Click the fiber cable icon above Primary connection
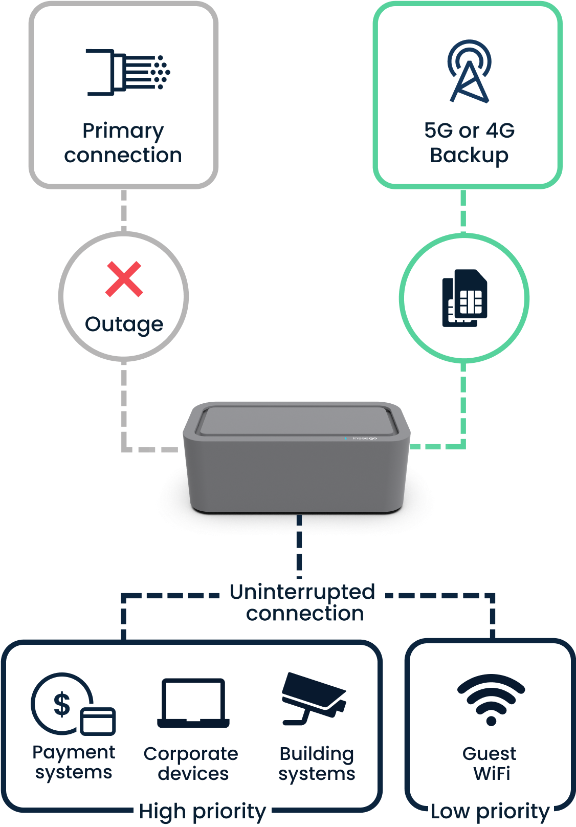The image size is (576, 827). pyautogui.click(x=128, y=72)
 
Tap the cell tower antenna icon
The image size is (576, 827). pyautogui.click(x=469, y=72)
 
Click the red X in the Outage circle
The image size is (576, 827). pyautogui.click(x=124, y=279)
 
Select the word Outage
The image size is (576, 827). pyautogui.click(x=124, y=324)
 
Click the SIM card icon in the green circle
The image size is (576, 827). pyautogui.click(x=464, y=298)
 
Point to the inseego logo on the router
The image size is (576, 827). pyautogui.click(x=364, y=439)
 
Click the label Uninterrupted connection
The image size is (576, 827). pyautogui.click(x=302, y=602)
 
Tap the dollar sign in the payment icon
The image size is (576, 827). pyautogui.click(x=62, y=704)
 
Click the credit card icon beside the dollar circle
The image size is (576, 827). pyautogui.click(x=98, y=721)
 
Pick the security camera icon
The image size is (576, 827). pyautogui.click(x=313, y=699)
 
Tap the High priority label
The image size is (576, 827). pyautogui.click(x=203, y=812)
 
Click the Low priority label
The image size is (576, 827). pyautogui.click(x=490, y=812)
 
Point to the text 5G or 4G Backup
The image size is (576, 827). pyautogui.click(x=469, y=143)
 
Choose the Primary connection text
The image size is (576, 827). pyautogui.click(x=123, y=143)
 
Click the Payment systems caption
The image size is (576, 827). pyautogui.click(x=74, y=763)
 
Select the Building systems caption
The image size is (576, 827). pyautogui.click(x=317, y=764)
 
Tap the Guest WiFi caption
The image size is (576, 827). pyautogui.click(x=490, y=763)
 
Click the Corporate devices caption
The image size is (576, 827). pyautogui.click(x=191, y=764)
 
